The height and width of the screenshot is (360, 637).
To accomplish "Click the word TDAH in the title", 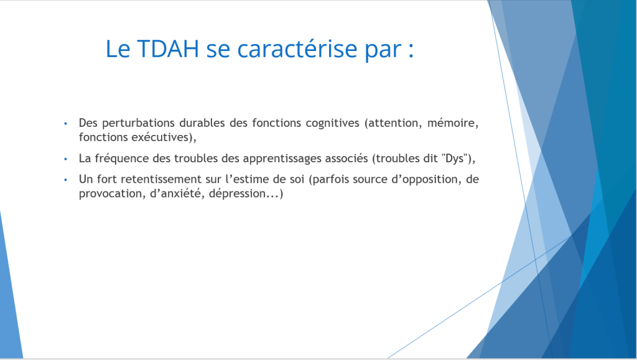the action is pyautogui.click(x=168, y=48).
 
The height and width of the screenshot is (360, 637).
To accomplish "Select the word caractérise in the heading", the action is pyautogui.click(x=297, y=48).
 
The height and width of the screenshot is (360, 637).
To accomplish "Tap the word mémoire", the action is pyautogui.click(x=453, y=122).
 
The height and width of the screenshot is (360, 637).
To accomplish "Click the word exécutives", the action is pyautogui.click(x=164, y=137).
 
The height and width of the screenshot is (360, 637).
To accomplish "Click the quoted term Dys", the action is pyautogui.click(x=455, y=159).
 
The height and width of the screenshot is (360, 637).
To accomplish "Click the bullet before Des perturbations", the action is pyautogui.click(x=66, y=123).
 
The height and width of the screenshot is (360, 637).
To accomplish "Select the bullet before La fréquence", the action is pyautogui.click(x=66, y=159).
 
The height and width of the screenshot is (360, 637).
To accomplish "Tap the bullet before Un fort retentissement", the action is pyautogui.click(x=66, y=180).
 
